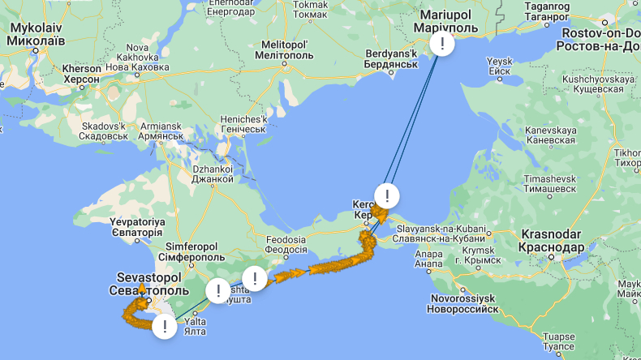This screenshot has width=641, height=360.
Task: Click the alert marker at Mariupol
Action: pos(441,44)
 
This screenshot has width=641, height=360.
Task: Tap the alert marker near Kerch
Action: pos(388,195)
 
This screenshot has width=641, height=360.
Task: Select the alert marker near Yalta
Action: pos(165,327)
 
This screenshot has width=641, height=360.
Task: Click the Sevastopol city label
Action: pos(148,284)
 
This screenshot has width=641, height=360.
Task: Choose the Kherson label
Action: pos(82,75)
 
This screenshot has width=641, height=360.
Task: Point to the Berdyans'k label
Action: pos(385,59)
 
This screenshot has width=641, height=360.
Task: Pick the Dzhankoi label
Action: pos(213,174)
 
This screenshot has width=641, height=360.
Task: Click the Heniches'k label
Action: pos(243,124)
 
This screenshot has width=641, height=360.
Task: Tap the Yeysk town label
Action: pos(500,66)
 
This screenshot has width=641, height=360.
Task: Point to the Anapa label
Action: pos(429,259)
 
